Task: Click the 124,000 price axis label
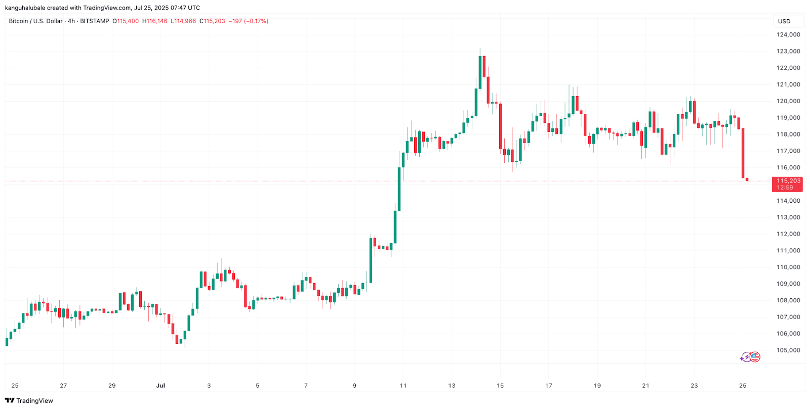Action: click(x=788, y=35)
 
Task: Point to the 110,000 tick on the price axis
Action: click(x=788, y=267)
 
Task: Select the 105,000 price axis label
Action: click(x=788, y=350)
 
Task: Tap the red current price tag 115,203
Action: click(x=787, y=184)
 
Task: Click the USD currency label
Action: click(x=784, y=21)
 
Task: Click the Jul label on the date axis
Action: click(x=160, y=386)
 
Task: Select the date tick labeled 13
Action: click(x=452, y=386)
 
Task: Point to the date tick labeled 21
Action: click(x=645, y=386)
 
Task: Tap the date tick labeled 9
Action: click(x=354, y=386)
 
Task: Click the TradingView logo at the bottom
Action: click(x=29, y=401)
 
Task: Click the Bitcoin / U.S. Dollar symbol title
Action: click(x=35, y=21)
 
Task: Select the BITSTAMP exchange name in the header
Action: click(x=95, y=21)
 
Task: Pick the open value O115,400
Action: click(x=126, y=21)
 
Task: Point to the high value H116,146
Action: click(x=155, y=21)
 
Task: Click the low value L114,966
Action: click(x=183, y=21)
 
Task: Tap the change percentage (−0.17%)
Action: click(x=256, y=21)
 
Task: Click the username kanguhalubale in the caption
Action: click(x=25, y=8)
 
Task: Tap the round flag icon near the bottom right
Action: click(x=755, y=357)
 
